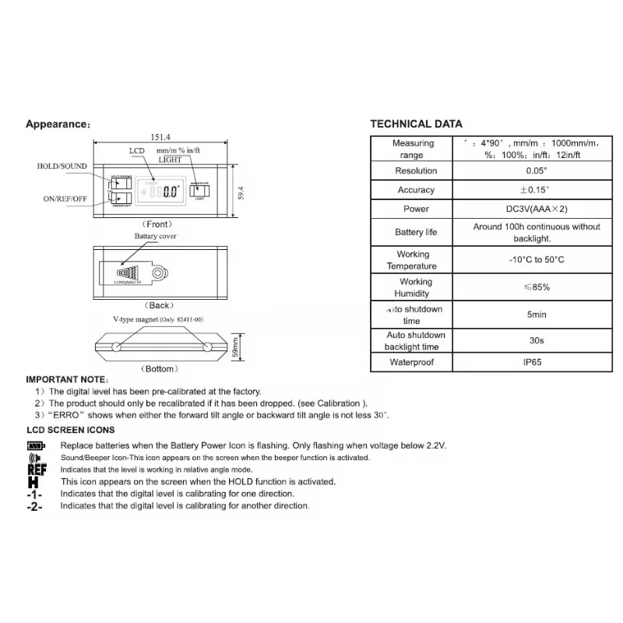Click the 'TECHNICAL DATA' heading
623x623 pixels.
click(416, 124)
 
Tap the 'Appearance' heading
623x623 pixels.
click(58, 125)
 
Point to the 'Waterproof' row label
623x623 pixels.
click(413, 363)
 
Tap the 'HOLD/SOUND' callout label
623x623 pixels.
click(62, 167)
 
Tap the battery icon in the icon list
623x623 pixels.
click(36, 445)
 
